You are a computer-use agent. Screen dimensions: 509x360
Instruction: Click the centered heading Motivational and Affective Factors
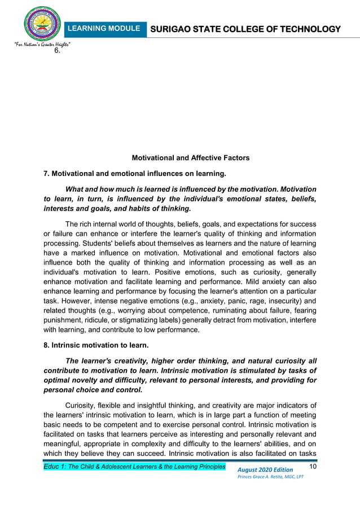(x=190, y=157)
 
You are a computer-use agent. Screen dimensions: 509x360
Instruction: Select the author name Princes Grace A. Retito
(x=271, y=478)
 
